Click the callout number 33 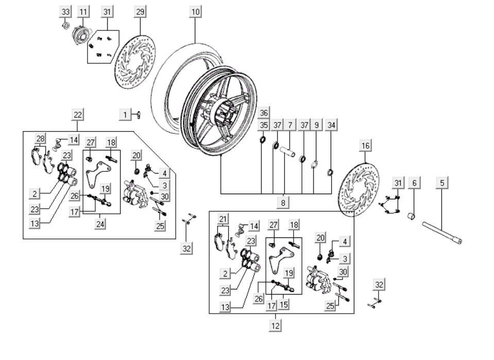click(65, 11)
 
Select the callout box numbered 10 click(196, 11)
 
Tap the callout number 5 click(442, 182)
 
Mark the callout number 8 click(283, 203)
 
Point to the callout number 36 click(264, 113)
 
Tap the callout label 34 click(332, 125)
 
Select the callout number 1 click(125, 114)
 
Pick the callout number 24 click(101, 225)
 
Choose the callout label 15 click(284, 304)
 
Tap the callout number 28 click(41, 138)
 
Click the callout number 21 click(223, 218)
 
